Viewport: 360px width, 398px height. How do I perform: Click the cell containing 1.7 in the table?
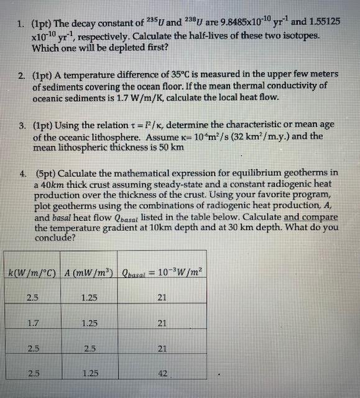(29, 323)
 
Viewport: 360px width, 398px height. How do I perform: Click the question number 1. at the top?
(20, 25)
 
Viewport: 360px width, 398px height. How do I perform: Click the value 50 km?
(183, 147)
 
